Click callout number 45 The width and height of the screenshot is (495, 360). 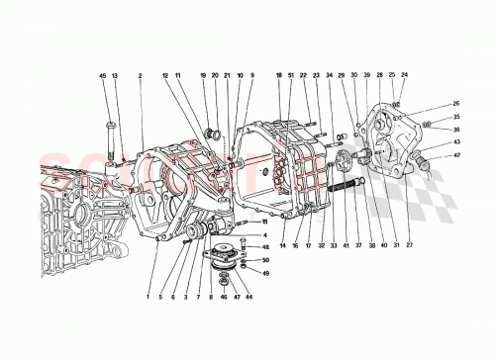(102, 75)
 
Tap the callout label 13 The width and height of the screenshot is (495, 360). (114, 75)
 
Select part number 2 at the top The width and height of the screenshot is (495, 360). (141, 75)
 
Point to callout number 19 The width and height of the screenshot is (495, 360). (202, 75)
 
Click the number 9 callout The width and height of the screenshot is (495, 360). (251, 75)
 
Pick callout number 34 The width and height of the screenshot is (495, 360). (330, 75)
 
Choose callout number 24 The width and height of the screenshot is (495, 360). (404, 75)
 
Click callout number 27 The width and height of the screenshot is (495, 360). (408, 244)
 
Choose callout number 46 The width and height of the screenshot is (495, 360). (224, 297)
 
